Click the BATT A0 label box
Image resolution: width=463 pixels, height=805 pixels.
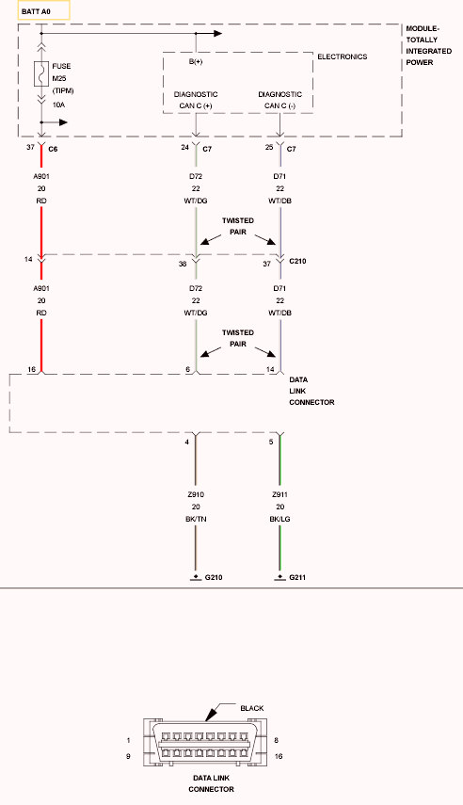click(43, 10)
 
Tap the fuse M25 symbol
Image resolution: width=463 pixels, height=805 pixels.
click(41, 74)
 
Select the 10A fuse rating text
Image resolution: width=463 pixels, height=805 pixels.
click(58, 105)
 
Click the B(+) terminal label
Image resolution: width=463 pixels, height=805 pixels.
click(196, 61)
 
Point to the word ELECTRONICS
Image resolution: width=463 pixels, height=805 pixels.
click(343, 56)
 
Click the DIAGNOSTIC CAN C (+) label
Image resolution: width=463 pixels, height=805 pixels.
click(196, 100)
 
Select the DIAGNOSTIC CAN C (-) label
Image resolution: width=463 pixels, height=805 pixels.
click(279, 100)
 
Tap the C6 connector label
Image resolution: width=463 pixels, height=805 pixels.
click(53, 150)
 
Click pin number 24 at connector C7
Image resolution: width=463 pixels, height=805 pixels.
click(185, 147)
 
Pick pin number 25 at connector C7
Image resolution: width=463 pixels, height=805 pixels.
click(269, 147)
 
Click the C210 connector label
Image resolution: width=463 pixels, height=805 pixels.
click(297, 261)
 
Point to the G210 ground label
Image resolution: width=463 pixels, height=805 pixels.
click(214, 577)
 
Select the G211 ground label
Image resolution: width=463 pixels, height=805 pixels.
click(297, 577)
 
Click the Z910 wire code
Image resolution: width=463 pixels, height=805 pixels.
click(196, 494)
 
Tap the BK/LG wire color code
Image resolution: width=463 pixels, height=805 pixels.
click(279, 519)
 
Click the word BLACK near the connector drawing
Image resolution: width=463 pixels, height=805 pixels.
click(252, 708)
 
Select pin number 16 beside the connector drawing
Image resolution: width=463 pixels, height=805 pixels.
click(279, 756)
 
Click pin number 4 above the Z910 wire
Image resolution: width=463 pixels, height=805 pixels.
click(187, 442)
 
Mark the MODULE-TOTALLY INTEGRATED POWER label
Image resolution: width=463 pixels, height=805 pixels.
click(428, 45)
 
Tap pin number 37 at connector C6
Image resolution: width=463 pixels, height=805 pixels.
click(31, 147)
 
